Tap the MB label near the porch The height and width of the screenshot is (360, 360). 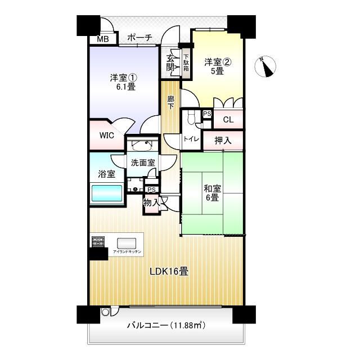pyautogui.click(x=102, y=39)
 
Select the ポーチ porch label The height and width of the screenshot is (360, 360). pyautogui.click(x=139, y=38)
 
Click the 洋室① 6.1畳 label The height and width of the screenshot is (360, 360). pyautogui.click(x=123, y=83)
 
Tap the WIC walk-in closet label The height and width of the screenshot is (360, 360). pyautogui.click(x=107, y=136)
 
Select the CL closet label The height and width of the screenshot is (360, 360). pyautogui.click(x=228, y=120)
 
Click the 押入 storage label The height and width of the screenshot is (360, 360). pyautogui.click(x=223, y=141)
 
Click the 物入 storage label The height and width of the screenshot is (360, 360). pyautogui.click(x=151, y=201)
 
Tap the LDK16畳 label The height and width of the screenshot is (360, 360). pyautogui.click(x=169, y=271)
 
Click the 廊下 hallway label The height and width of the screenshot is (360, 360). pyautogui.click(x=171, y=102)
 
